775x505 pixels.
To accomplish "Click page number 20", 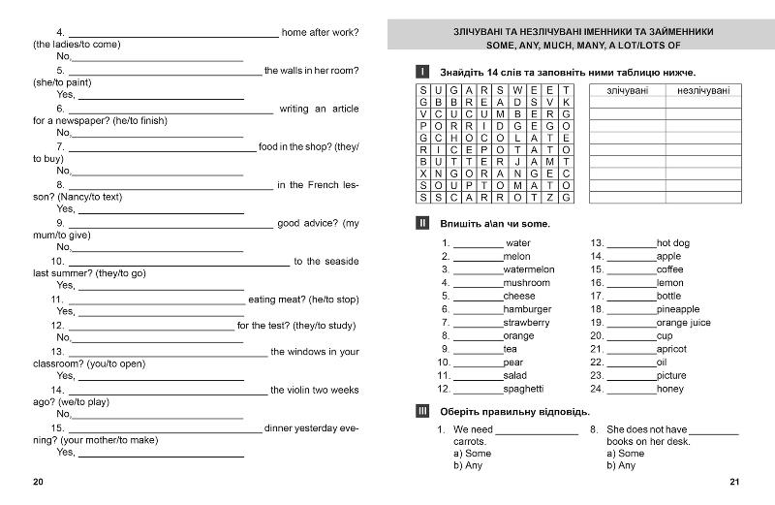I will point(38,483).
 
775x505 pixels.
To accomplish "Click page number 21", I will point(734,483).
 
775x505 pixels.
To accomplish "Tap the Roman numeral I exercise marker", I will point(421,72).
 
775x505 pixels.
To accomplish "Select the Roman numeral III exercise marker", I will point(421,410).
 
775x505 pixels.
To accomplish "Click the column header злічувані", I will point(628,90).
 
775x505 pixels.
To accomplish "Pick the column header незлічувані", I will point(703,90).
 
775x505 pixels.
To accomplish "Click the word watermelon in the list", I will point(529,269).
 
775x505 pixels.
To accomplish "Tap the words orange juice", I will point(683,323).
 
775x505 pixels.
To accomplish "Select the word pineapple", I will point(677,309).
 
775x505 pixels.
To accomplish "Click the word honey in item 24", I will point(669,389).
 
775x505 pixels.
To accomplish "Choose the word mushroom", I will point(526,283).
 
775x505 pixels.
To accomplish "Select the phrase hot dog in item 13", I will point(673,243).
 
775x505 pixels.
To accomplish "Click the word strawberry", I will point(526,323).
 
